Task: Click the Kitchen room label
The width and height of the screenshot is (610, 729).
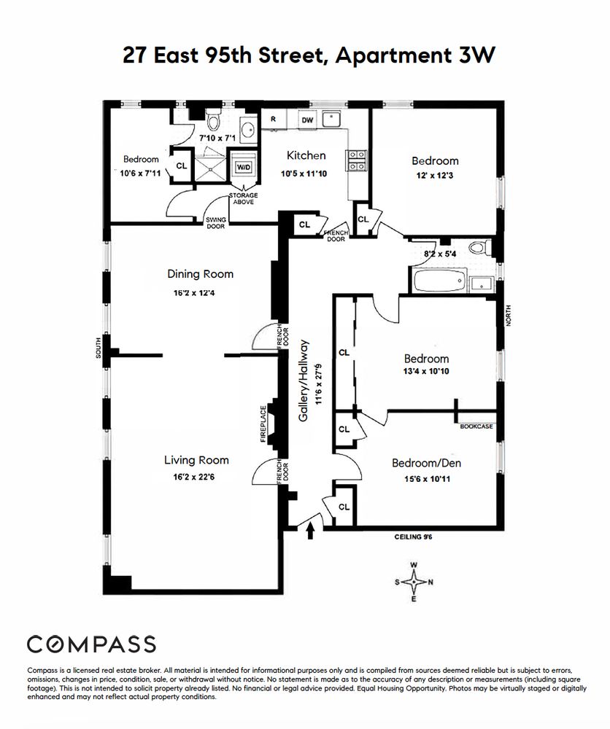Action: [x=306, y=155]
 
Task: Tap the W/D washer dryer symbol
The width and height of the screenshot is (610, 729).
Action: [x=241, y=166]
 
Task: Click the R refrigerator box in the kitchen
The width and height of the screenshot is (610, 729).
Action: [x=273, y=118]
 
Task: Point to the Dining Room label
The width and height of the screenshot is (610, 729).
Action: [x=200, y=274]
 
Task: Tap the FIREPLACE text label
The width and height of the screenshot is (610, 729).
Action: [x=263, y=424]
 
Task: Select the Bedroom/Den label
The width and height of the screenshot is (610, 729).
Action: [x=426, y=463]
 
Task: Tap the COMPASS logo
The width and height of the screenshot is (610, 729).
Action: [x=91, y=644]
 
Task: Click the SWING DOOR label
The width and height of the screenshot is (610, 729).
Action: [x=216, y=222]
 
